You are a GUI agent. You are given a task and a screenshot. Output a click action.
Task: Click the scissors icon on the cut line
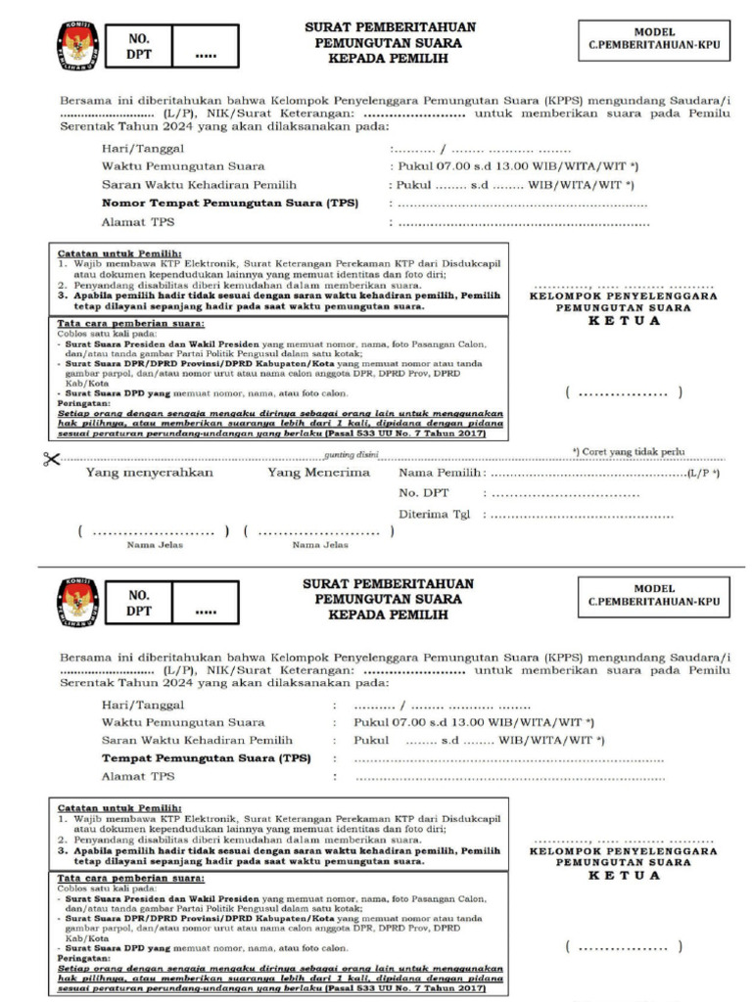click(51, 459)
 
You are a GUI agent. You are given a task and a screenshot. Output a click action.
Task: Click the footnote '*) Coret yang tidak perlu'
click(628, 451)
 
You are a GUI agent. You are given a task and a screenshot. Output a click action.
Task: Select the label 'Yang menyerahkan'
click(150, 473)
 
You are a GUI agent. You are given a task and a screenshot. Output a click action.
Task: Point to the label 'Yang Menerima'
click(319, 473)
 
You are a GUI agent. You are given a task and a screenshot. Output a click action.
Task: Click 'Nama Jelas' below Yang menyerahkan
click(151, 545)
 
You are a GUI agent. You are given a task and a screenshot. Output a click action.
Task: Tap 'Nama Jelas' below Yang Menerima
click(320, 545)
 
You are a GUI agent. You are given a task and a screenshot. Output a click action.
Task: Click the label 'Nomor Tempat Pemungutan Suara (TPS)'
click(230, 204)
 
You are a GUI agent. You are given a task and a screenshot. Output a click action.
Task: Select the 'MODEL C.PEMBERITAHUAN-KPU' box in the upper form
click(653, 39)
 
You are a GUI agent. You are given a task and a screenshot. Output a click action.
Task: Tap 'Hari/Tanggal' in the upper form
click(143, 149)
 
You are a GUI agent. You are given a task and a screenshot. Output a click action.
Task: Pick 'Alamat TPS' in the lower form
click(138, 776)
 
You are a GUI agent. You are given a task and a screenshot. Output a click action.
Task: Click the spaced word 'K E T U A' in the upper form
click(624, 321)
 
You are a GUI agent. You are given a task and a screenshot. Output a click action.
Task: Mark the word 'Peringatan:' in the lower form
click(82, 958)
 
